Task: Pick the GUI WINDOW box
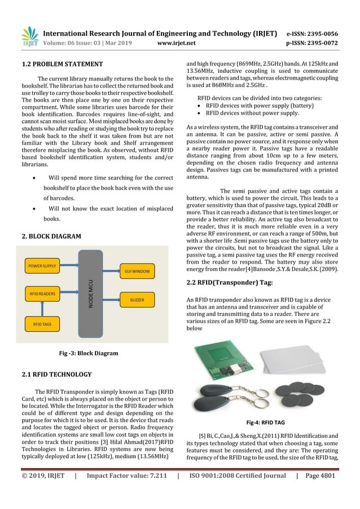click(136, 271)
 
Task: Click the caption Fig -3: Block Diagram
click(89, 353)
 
